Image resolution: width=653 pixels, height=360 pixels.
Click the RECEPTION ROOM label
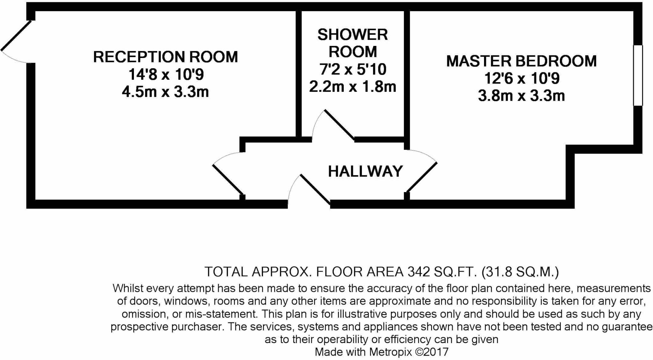pyautogui.click(x=165, y=57)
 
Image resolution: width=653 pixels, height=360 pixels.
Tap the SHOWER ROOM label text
pyautogui.click(x=352, y=43)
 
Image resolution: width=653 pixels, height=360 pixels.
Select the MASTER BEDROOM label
pyautogui.click(x=521, y=61)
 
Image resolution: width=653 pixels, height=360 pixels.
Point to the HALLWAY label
pyautogui.click(x=365, y=171)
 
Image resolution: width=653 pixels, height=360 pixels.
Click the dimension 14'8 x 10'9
pyautogui.click(x=166, y=75)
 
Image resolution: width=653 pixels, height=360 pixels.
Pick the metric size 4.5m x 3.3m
pyautogui.click(x=165, y=92)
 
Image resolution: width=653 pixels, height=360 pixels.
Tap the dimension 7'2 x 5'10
pyautogui.click(x=353, y=69)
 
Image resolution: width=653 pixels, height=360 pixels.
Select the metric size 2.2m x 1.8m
pyautogui.click(x=353, y=87)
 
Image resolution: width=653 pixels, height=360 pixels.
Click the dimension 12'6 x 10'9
pyautogui.click(x=522, y=78)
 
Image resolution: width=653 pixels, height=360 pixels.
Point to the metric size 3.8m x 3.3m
pyautogui.click(x=521, y=96)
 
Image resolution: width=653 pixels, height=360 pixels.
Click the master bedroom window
pyautogui.click(x=638, y=75)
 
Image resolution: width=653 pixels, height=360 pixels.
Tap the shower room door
pyautogui.click(x=339, y=125)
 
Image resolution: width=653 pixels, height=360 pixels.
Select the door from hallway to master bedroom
pyautogui.click(x=422, y=177)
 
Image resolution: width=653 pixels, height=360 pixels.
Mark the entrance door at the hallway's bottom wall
pyautogui.click(x=315, y=189)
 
